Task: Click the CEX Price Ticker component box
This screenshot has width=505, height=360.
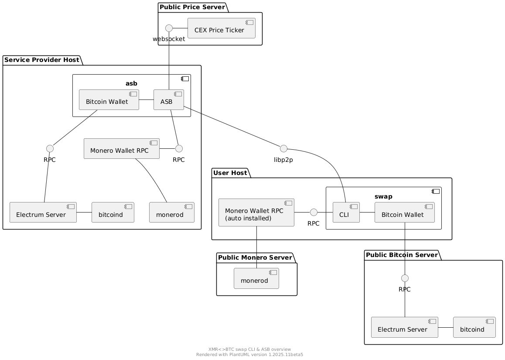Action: point(221,28)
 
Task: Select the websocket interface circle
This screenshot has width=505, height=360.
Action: point(170,28)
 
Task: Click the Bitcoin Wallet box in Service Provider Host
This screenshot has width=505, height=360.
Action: point(108,99)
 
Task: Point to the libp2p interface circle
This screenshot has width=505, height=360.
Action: point(283,147)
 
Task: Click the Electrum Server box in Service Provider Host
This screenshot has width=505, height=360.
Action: point(43,213)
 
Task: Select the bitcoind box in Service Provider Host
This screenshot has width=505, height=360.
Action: point(113,213)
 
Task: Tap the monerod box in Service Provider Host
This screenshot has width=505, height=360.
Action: point(171,213)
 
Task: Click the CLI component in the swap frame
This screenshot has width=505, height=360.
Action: point(346,213)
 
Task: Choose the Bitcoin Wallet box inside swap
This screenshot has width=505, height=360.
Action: point(404,213)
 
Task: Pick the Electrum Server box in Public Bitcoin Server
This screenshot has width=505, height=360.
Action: point(404,327)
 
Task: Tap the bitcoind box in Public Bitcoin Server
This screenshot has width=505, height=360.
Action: point(474,327)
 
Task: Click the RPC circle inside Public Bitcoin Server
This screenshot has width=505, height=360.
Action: point(405,278)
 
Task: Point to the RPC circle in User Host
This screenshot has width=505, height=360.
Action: point(313,213)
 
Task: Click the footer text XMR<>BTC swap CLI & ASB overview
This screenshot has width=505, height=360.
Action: point(249,349)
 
